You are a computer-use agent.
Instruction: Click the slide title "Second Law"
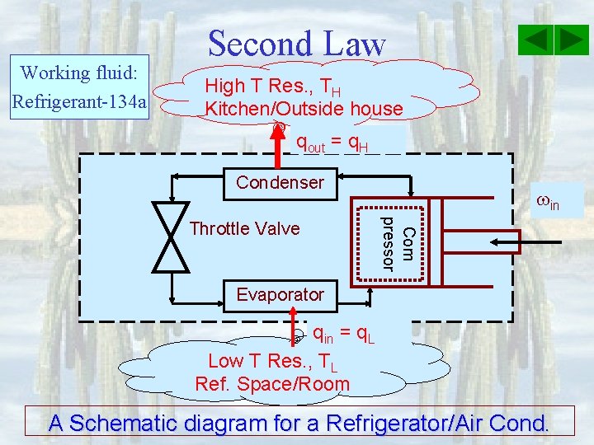coord(296,44)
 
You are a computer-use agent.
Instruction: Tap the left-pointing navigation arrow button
coord(536,40)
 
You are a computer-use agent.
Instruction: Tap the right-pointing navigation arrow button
coord(570,40)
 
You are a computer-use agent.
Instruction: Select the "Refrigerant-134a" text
coord(79,102)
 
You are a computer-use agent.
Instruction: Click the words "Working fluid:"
coord(78,73)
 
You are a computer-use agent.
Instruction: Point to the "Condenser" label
coord(280,182)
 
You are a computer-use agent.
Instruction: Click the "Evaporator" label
coord(280,294)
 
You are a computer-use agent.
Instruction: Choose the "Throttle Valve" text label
coord(244,228)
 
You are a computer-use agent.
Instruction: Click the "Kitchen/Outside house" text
coord(304,108)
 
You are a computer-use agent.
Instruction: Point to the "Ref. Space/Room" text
coord(272,384)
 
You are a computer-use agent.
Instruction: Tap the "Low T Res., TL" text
coord(271,361)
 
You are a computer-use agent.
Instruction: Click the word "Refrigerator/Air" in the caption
coord(398,423)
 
